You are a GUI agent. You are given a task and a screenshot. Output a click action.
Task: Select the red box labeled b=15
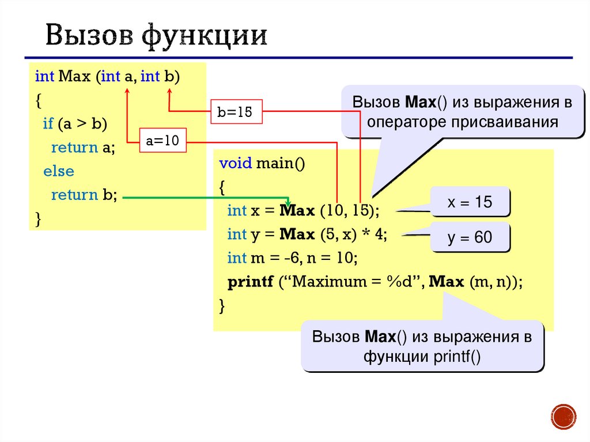coord(235,112)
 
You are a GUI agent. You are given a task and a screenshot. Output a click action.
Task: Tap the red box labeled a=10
coord(163,141)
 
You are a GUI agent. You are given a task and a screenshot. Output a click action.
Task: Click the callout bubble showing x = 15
coord(470,202)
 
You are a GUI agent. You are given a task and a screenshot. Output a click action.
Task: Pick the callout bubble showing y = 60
coord(470,237)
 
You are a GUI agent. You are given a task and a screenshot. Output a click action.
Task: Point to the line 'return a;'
coord(83,148)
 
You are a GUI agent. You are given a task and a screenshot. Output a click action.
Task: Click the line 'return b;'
coord(84,195)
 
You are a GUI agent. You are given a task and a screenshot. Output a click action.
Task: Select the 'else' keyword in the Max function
coord(58,171)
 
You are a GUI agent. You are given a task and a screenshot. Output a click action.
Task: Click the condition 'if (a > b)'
coord(75,124)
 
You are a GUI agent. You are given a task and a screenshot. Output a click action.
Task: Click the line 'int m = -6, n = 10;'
coord(293,258)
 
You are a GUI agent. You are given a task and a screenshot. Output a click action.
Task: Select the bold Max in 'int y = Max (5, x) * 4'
coord(296,234)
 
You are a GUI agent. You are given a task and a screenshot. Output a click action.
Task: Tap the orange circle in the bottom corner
coord(563,416)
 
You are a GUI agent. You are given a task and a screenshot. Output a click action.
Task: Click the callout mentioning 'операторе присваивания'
coord(462,112)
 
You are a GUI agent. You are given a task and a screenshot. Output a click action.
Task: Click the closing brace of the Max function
coord(38,218)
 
